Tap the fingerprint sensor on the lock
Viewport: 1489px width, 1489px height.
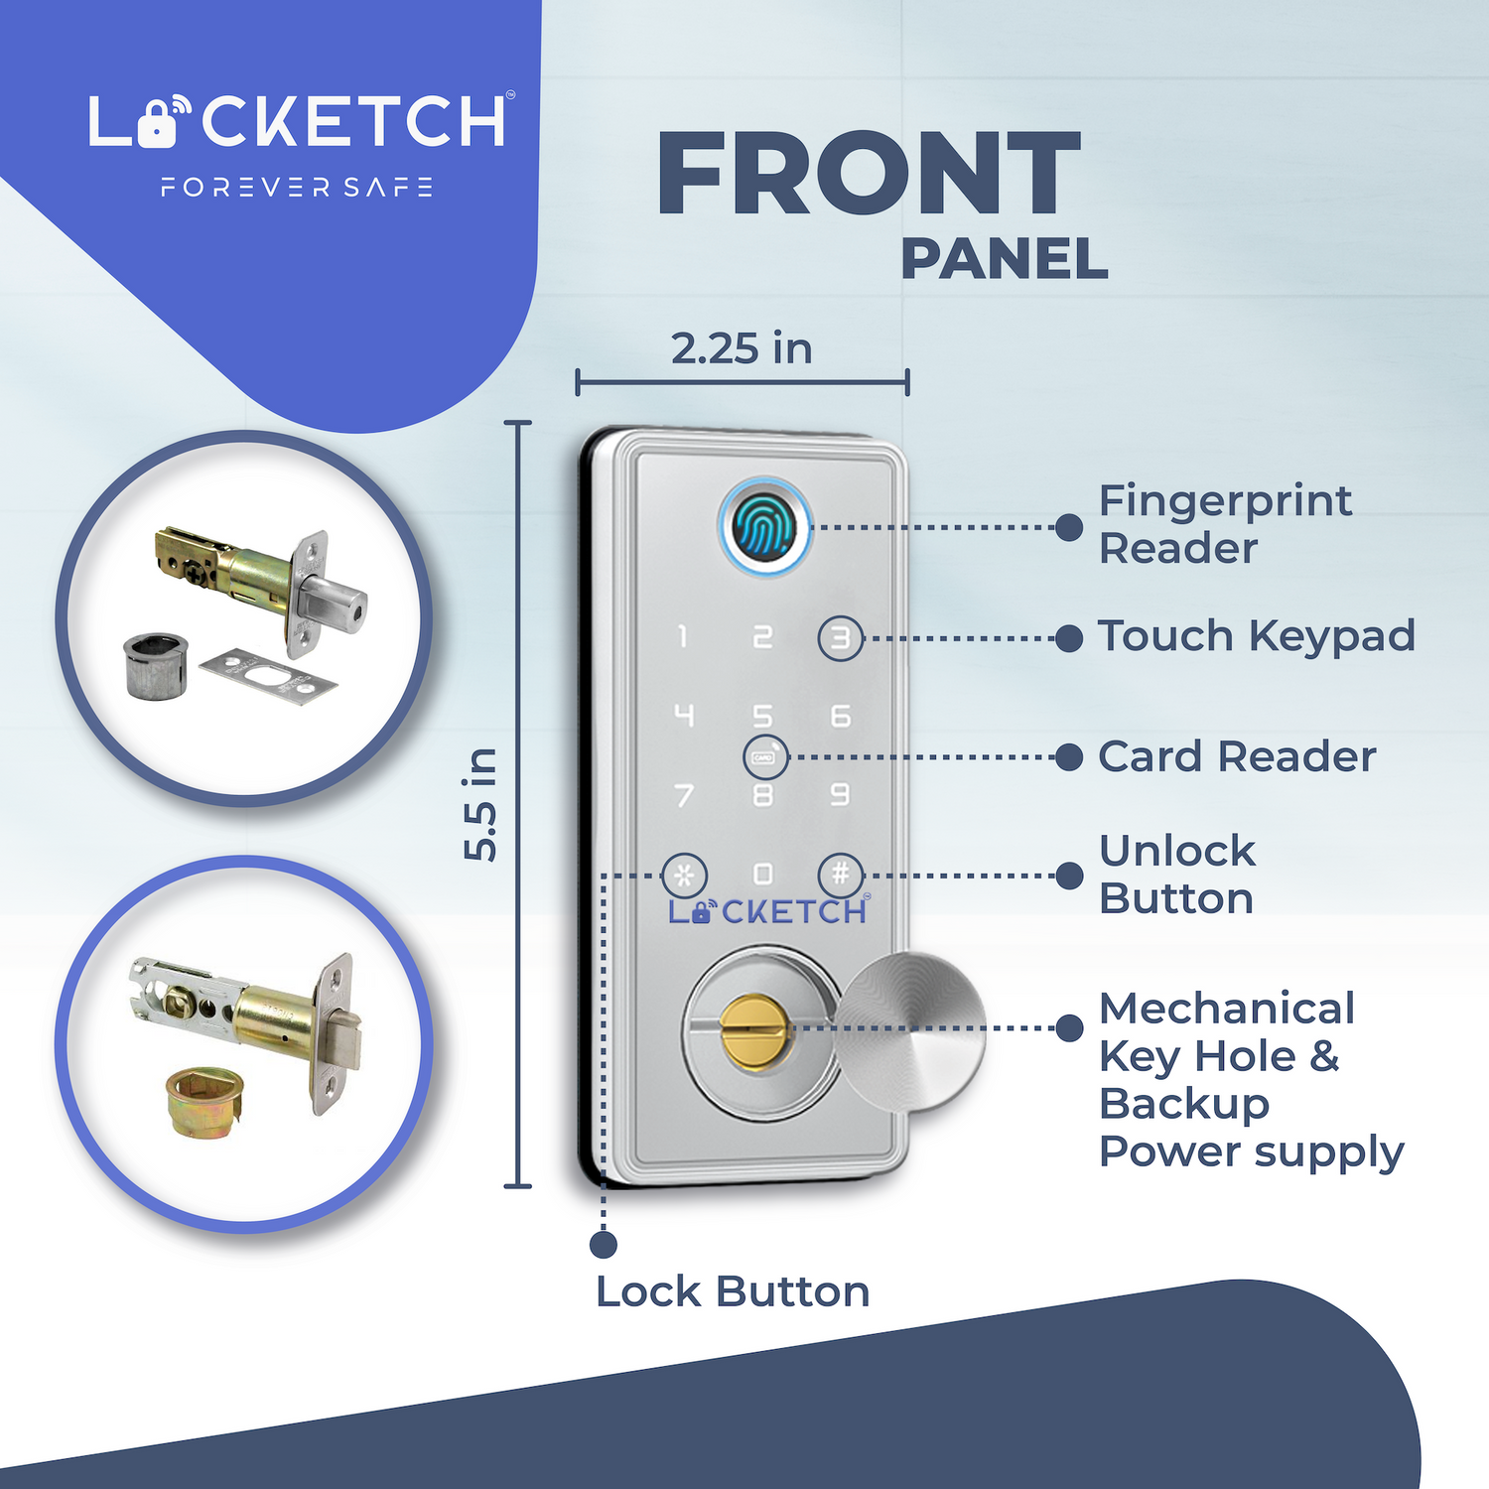pos(763,527)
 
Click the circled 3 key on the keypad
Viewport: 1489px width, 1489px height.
pos(841,638)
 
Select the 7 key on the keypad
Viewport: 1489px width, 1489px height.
pos(684,795)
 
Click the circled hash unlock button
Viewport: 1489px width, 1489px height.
pos(841,875)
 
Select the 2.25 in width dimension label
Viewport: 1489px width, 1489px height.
pos(742,348)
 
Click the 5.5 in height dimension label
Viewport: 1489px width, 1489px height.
pos(481,804)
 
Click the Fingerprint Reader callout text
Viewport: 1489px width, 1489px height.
pos(1225,524)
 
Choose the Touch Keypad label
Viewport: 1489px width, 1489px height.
pos(1257,636)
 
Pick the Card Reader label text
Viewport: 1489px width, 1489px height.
pos(1237,756)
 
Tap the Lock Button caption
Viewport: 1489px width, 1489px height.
pos(733,1291)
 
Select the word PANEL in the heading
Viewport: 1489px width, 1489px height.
pos(1004,260)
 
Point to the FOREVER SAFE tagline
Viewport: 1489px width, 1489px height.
pos(297,188)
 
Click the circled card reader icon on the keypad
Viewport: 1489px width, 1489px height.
pos(765,757)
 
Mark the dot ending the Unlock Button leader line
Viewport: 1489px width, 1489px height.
pos(1069,876)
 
